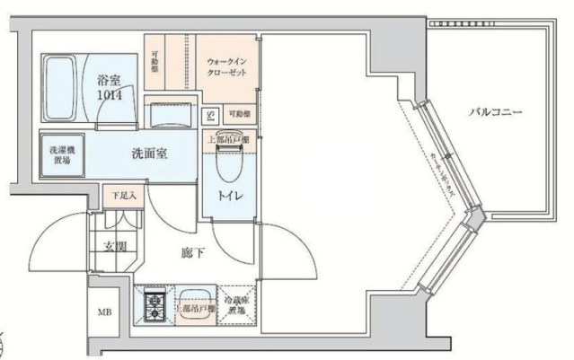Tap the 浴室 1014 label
point(112,86)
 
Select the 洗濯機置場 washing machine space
point(62,154)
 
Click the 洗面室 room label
point(149,153)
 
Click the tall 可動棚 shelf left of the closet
point(155,60)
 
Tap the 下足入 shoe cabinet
point(124,195)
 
